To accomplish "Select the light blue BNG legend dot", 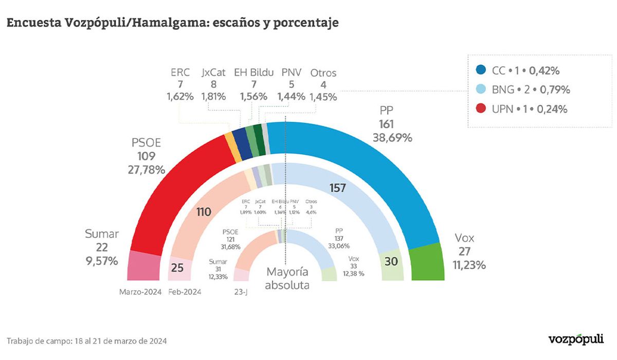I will (x=481, y=90).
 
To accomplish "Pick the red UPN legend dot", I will (x=481, y=109).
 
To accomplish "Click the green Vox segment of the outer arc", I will (x=426, y=262).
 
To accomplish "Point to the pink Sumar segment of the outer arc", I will (x=146, y=266).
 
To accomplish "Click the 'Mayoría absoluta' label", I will (x=287, y=278).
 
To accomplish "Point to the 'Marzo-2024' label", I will (x=140, y=292).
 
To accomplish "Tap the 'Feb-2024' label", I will (x=185, y=292).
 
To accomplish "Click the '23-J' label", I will (x=241, y=292).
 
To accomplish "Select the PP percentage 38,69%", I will (x=393, y=137).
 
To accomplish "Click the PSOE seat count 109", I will (x=147, y=156).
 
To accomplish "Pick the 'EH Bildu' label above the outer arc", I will (x=253, y=73).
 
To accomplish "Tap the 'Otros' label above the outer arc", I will (x=323, y=73).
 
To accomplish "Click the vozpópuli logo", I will (x=576, y=339).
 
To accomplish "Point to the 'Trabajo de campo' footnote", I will (x=87, y=341).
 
